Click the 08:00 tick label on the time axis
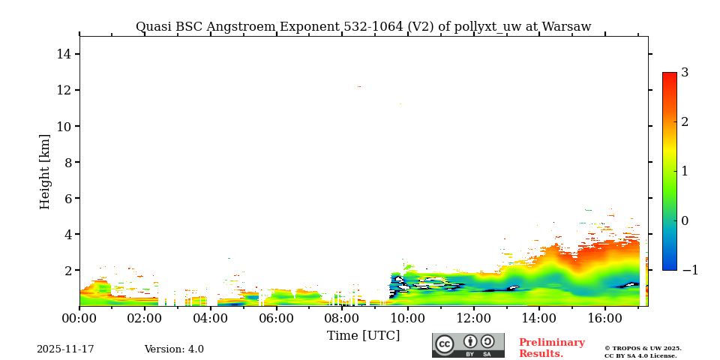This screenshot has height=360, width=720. point(342,318)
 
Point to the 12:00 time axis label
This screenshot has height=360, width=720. point(473,318)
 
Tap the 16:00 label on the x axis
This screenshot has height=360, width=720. point(604,318)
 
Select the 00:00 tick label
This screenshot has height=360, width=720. point(79,318)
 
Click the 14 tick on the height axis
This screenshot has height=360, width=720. point(64,54)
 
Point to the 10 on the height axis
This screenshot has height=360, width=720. point(64,126)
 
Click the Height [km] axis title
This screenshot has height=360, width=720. point(45,171)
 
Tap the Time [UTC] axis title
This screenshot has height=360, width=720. point(363,335)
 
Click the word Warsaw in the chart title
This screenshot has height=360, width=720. point(566,27)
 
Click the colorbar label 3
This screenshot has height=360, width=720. point(685,73)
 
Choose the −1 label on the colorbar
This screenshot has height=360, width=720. point(688,270)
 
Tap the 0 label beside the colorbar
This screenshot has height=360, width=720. point(685,220)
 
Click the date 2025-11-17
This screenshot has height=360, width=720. point(65,349)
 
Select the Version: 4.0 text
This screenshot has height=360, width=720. point(174,349)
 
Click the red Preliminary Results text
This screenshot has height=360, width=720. point(551,348)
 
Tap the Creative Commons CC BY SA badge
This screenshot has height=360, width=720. point(468,345)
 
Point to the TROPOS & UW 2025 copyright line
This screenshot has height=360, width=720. point(643,348)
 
